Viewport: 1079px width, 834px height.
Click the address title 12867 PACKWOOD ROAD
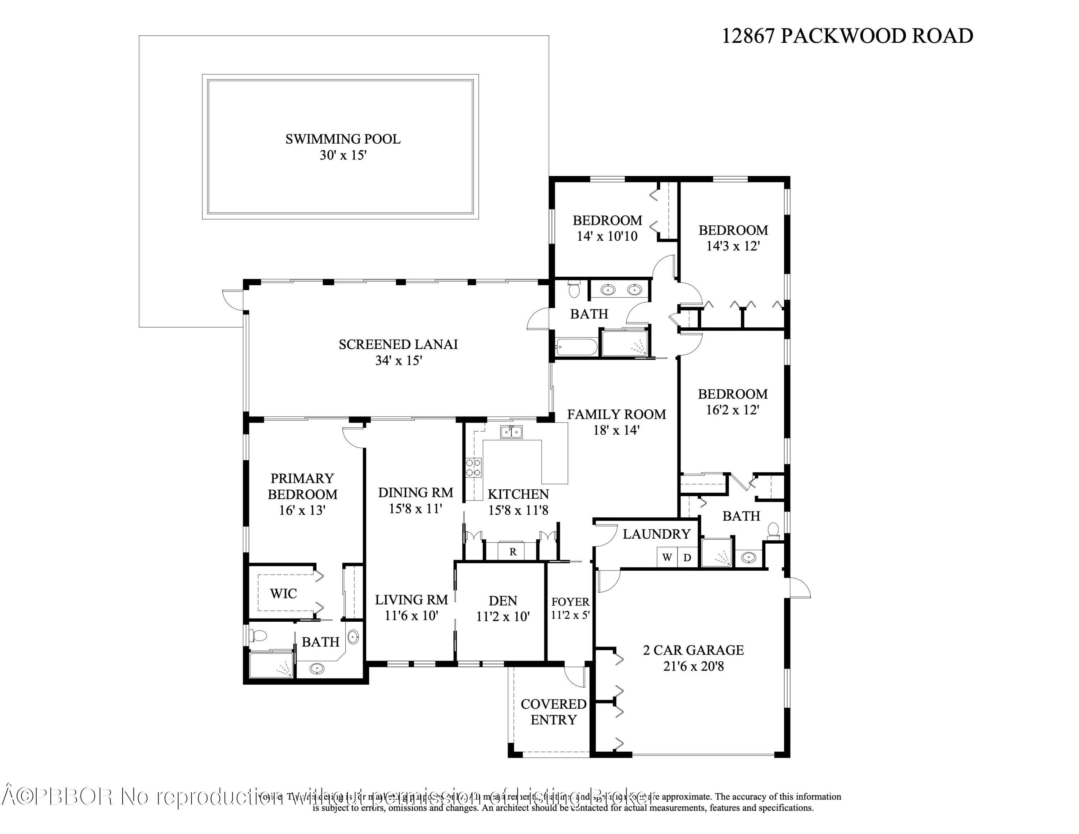coord(847,36)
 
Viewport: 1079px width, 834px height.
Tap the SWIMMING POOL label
coord(343,139)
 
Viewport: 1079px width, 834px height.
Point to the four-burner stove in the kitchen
coord(474,467)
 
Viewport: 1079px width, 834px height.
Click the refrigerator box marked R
coord(513,552)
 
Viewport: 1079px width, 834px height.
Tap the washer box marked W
coord(667,557)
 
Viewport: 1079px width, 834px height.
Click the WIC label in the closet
coord(283,593)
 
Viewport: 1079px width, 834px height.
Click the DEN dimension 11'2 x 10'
coord(503,617)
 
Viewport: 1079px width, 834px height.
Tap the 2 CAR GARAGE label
coord(693,650)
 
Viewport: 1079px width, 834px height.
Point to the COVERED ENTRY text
coord(553,711)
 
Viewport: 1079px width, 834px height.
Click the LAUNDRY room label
coord(656,534)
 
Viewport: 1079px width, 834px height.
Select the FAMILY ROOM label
coord(616,414)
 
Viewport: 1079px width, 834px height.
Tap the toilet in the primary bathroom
coord(258,635)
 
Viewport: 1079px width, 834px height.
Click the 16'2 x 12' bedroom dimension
coord(732,410)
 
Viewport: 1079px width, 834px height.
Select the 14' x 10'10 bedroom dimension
coord(607,236)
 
